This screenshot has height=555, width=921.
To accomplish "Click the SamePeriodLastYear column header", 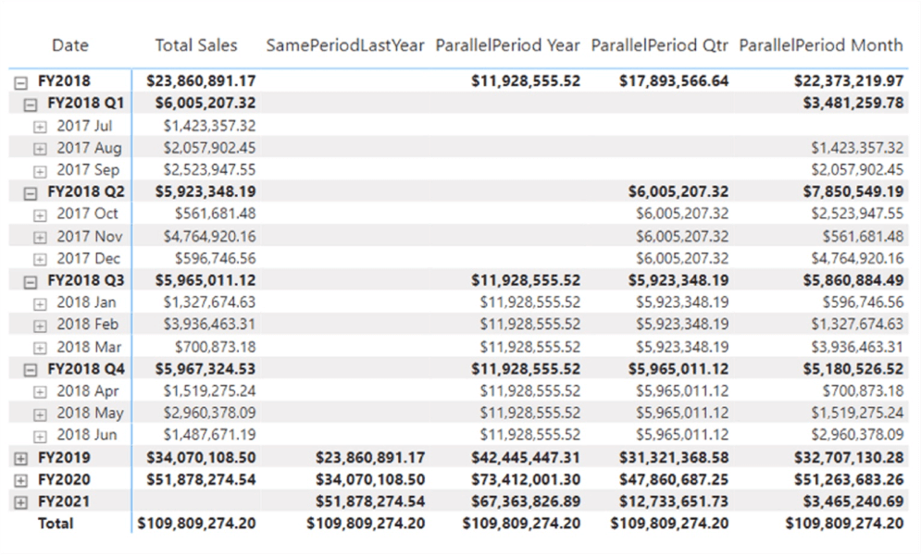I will [x=344, y=45].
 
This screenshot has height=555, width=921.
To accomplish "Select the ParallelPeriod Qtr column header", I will [x=660, y=45].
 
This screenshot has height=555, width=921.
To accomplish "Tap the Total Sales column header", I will [x=196, y=45].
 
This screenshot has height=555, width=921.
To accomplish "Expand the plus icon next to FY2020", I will [x=20, y=480].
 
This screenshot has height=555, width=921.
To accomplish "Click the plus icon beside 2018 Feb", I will [x=40, y=325].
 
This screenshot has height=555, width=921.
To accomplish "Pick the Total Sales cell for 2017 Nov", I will [x=209, y=237].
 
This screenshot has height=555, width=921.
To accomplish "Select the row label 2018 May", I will [x=90, y=413].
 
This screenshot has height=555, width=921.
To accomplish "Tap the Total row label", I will [x=55, y=524].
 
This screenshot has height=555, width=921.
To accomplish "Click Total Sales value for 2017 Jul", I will [x=209, y=126].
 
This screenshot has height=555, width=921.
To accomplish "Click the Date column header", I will [x=70, y=45].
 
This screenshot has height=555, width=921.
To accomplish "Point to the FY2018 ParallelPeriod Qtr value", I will [x=674, y=81].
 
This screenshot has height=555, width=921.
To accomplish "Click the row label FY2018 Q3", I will [x=86, y=280].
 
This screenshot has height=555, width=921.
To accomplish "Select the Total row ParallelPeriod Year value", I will [x=522, y=524].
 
